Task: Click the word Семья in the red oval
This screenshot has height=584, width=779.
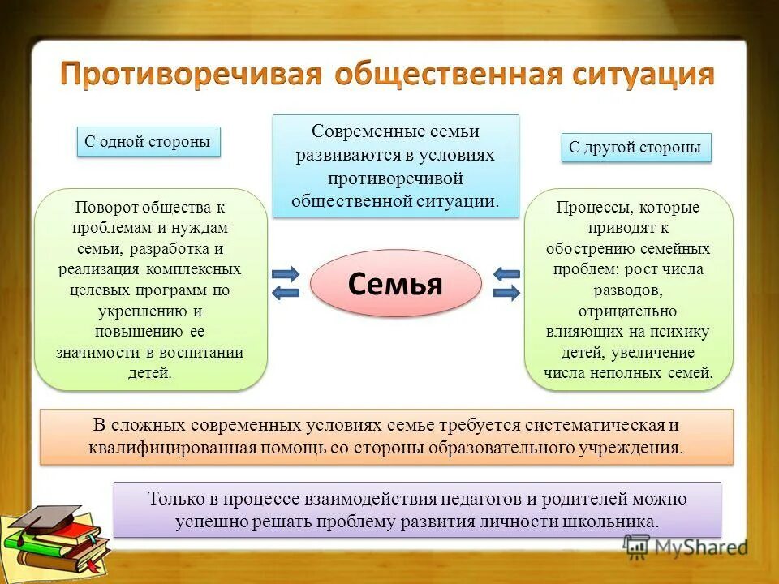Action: point(395,284)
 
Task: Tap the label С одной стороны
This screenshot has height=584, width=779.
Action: point(148,142)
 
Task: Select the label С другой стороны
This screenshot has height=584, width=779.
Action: point(635,148)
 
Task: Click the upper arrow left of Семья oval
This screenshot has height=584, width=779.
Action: point(286,273)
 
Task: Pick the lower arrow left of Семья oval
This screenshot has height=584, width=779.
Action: point(286,293)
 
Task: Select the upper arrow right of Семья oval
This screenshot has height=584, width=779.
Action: point(506,273)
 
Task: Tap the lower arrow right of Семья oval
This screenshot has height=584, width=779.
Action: point(506,293)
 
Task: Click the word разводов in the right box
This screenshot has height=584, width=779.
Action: point(627,290)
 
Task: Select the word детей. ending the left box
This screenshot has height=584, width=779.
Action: point(150,373)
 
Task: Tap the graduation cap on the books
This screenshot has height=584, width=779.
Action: point(49,516)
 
